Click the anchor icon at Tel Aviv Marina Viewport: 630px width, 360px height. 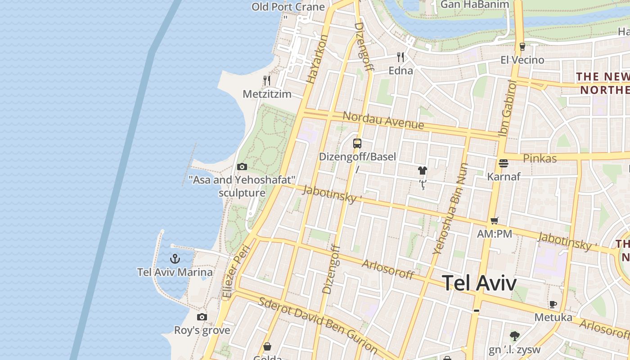(x=175, y=259)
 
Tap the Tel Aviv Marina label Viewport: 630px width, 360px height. (x=175, y=272)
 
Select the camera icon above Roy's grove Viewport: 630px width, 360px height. (x=202, y=317)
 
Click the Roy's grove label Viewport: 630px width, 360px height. (x=202, y=330)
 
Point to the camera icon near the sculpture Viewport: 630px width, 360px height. (x=242, y=167)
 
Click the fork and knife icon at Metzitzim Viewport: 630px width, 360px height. (x=267, y=81)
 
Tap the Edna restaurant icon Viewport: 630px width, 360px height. (x=400, y=57)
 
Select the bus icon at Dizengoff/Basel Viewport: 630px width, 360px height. (x=357, y=144)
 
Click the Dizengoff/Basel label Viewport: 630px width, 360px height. (x=357, y=157)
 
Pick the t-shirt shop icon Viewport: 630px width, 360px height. (x=423, y=171)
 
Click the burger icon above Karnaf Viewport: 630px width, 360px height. (x=504, y=163)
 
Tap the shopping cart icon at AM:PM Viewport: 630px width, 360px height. (x=495, y=220)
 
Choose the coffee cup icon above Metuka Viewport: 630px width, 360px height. (x=553, y=304)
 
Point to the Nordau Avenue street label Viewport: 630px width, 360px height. (x=383, y=120)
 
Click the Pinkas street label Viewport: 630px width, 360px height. (x=540, y=158)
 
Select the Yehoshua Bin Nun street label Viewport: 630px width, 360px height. (x=450, y=208)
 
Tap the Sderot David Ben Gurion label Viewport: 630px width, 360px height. (x=318, y=324)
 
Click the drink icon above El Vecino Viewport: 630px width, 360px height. (x=522, y=46)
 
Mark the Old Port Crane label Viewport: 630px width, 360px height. (x=288, y=7)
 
